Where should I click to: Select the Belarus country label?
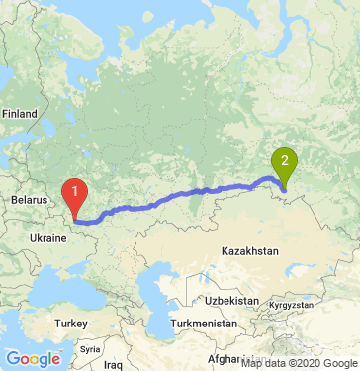29,200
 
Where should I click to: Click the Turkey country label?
71,324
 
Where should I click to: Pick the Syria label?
90,349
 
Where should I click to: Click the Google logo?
33,358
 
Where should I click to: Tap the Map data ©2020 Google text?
299,364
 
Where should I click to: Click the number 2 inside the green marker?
285,159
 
